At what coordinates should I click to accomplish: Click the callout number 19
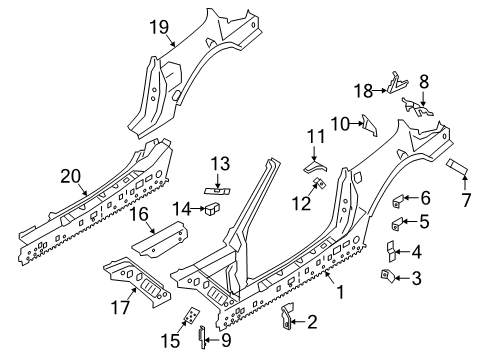point(159,27)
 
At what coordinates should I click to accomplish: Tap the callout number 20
point(71,176)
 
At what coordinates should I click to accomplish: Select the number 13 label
point(220,164)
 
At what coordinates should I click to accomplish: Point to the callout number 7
point(465,200)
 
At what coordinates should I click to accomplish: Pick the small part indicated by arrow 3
point(387,276)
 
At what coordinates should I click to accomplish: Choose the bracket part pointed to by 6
point(398,201)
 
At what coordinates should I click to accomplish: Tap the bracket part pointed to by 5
point(397,223)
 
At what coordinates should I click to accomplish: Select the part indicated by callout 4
point(390,251)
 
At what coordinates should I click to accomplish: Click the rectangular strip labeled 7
point(457,167)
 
